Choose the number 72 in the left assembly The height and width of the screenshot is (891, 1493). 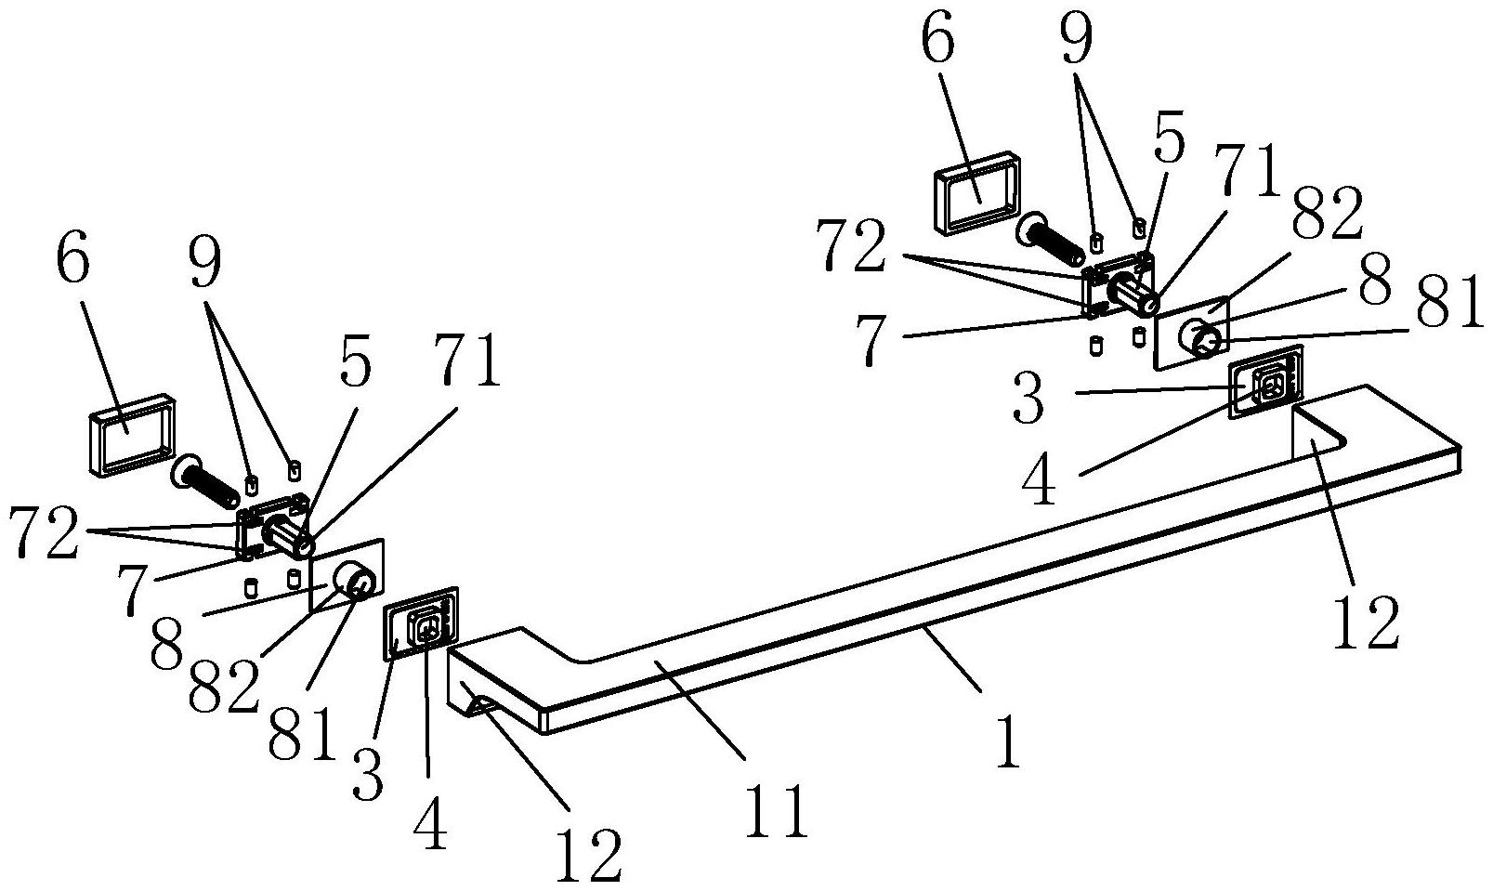pos(44,532)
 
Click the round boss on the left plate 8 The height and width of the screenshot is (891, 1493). pos(356,582)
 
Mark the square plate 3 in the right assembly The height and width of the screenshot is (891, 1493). pos(1265,383)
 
